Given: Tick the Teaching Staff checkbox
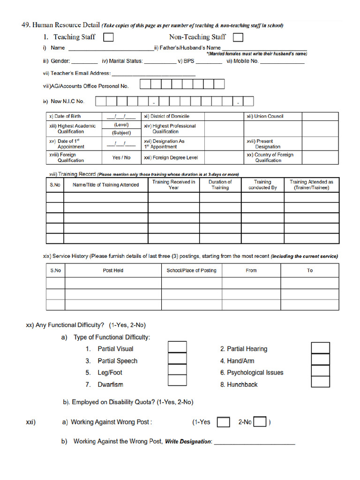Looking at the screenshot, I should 108,37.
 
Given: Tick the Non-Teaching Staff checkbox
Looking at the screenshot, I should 238,37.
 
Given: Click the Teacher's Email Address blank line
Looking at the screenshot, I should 153,74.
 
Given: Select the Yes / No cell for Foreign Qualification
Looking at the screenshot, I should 121,157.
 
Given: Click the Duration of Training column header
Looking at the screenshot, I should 220,185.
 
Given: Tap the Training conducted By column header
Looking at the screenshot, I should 262,185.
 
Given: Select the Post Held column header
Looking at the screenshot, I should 113,270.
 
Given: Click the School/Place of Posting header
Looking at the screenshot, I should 191,270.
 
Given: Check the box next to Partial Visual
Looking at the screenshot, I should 177,347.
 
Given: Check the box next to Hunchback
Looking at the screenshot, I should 320,382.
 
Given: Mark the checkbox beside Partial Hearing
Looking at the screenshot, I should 320,348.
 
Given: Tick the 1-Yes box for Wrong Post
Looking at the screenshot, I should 224,422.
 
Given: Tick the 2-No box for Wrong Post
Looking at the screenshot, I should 260,422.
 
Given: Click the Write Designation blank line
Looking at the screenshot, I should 255,442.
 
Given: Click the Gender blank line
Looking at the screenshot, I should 85,61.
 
